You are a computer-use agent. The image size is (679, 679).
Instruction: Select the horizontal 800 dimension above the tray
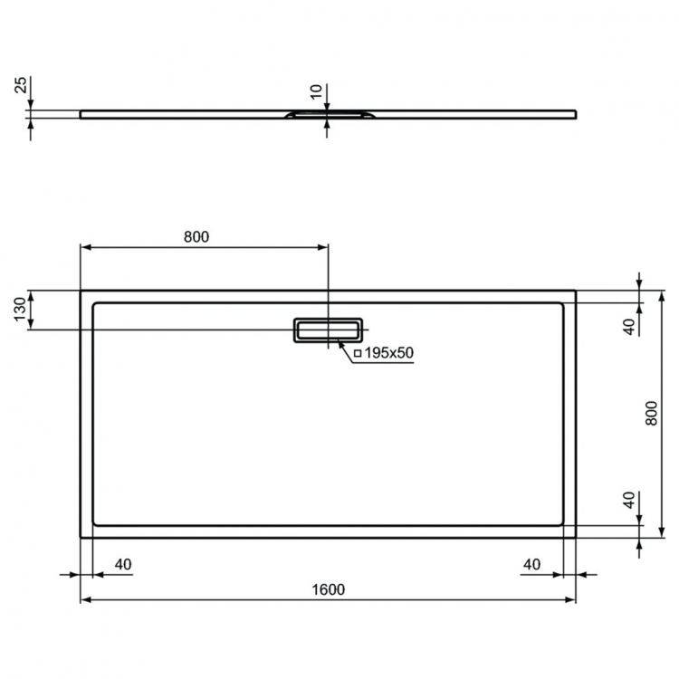(x=196, y=237)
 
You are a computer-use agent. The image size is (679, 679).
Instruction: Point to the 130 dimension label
(x=19, y=310)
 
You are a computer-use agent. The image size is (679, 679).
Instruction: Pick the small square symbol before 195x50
(x=358, y=353)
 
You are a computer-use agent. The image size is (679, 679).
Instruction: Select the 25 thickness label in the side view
(x=19, y=87)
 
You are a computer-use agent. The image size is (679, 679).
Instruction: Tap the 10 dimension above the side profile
(x=316, y=91)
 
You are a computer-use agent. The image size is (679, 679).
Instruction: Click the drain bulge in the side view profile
(x=327, y=115)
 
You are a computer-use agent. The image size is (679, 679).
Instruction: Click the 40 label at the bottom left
(x=123, y=564)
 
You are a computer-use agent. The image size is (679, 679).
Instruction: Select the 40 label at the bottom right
(x=532, y=564)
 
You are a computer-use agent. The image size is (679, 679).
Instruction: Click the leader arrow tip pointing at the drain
(x=339, y=340)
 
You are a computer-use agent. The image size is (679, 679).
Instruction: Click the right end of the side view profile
(x=573, y=113)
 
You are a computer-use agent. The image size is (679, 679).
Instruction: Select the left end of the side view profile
(x=82, y=114)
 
